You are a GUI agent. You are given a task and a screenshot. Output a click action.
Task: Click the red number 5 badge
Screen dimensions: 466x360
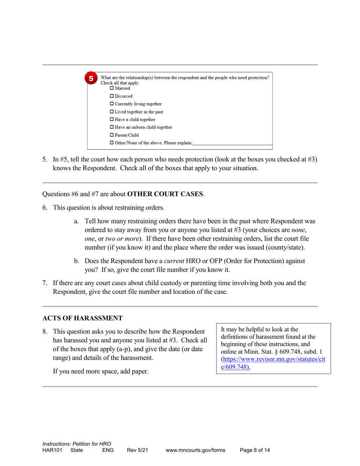coord(91,79)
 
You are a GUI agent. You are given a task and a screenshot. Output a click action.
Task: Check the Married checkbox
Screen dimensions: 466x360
coord(112,88)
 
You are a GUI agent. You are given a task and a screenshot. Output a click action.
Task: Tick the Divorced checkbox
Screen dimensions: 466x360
coord(112,96)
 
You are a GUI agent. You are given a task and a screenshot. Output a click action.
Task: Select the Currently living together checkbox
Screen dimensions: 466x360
coord(112,104)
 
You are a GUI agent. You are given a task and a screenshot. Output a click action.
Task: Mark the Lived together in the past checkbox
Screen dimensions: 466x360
coord(112,112)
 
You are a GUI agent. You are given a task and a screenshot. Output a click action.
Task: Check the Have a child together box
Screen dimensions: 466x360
coord(112,119)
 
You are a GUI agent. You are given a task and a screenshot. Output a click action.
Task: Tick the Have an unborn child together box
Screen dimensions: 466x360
coord(112,127)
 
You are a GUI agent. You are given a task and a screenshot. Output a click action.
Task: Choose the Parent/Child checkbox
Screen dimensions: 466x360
coord(112,135)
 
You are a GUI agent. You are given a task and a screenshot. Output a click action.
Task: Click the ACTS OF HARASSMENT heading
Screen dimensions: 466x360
coord(82,318)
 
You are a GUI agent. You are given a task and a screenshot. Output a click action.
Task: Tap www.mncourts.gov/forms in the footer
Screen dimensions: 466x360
coord(195,450)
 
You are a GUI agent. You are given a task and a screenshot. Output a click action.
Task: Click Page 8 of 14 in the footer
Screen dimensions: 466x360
coord(255,450)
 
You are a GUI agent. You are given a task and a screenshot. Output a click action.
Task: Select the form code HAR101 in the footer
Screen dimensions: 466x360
coord(53,450)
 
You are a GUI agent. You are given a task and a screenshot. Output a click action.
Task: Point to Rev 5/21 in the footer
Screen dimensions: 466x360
coord(137,450)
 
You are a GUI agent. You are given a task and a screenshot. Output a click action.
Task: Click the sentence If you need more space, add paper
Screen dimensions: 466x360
coord(100,371)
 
